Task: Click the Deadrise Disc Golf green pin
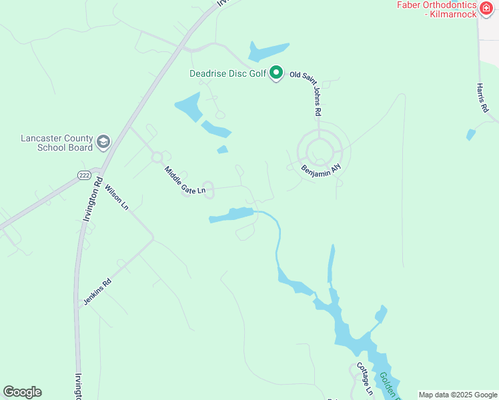[276, 73]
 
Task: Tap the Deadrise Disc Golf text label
[227, 73]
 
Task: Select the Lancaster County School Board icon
[103, 142]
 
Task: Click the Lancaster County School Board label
[56, 143]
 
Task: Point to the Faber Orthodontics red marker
[487, 9]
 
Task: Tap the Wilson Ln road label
[117, 197]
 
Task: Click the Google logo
[22, 392]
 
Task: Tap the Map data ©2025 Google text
[457, 395]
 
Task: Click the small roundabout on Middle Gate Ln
[157, 157]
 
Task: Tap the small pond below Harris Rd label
[471, 135]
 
